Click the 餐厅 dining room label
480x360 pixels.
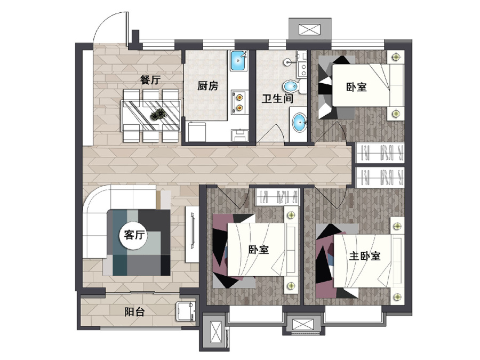(150, 80)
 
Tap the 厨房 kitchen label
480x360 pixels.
(207, 86)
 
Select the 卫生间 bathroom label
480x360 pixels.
(277, 99)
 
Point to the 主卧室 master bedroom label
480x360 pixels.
(365, 256)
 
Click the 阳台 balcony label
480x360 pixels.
(135, 312)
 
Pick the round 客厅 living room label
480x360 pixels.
(134, 235)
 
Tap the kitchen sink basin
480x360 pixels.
(239, 61)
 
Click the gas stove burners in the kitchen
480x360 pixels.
(239, 102)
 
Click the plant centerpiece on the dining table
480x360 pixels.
(158, 115)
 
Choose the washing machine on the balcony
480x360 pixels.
(186, 311)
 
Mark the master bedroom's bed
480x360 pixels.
(369, 261)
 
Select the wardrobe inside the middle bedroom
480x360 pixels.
(277, 197)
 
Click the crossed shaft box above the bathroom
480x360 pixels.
(309, 30)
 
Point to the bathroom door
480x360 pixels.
(271, 134)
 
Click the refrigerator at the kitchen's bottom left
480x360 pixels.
(196, 132)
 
